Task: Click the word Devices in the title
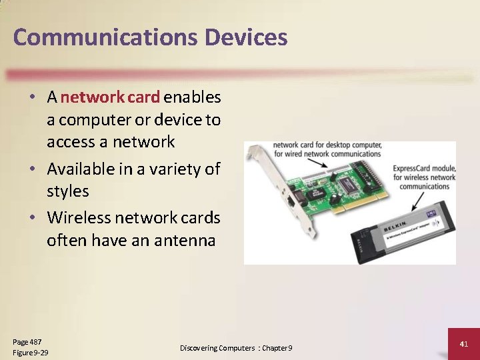click(x=246, y=37)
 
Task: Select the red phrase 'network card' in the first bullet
click(x=110, y=97)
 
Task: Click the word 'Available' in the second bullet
click(x=81, y=169)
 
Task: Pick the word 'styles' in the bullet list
click(x=67, y=191)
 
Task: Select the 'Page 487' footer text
click(x=27, y=342)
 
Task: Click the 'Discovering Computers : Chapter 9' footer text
click(x=236, y=348)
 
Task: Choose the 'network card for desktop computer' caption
click(x=327, y=145)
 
